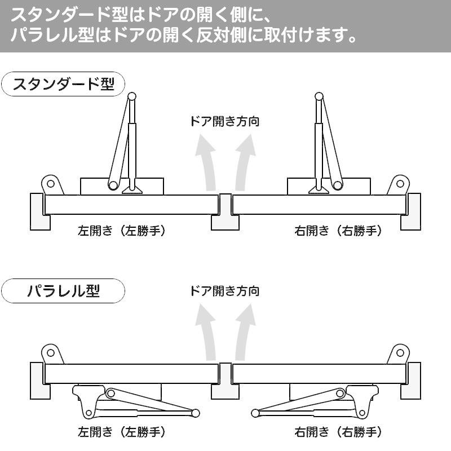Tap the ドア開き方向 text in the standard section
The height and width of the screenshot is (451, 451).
pyautogui.click(x=225, y=121)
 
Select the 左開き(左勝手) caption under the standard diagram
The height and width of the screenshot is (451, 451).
pyautogui.click(x=122, y=231)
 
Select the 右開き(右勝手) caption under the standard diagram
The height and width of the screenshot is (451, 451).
pyautogui.click(x=338, y=231)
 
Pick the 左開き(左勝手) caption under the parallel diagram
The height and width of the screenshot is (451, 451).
pyautogui.click(x=122, y=433)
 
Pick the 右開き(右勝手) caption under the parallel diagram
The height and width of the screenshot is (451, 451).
pyautogui.click(x=338, y=433)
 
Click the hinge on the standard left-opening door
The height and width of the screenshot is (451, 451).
pyautogui.click(x=50, y=183)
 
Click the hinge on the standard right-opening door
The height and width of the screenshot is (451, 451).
pyautogui.click(x=400, y=183)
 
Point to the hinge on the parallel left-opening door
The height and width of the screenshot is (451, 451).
pyautogui.click(x=50, y=354)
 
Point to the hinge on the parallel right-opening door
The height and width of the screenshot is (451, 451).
pyautogui.click(x=400, y=354)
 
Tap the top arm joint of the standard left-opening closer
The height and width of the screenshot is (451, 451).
pyautogui.click(x=131, y=97)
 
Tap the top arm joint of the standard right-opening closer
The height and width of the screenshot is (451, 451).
pyautogui.click(x=319, y=97)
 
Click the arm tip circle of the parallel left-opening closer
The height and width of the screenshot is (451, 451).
pyautogui.click(x=195, y=414)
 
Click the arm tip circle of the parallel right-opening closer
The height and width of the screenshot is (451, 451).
pyautogui.click(x=255, y=414)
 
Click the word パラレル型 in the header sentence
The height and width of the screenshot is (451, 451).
pyautogui.click(x=48, y=36)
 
